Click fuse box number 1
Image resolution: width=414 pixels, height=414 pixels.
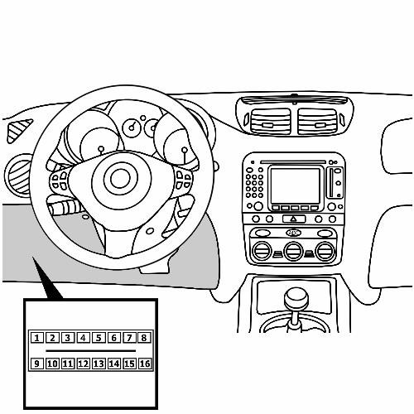tap(36, 338)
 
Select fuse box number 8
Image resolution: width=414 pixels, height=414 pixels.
tap(144, 338)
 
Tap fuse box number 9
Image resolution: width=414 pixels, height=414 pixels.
tap(36, 363)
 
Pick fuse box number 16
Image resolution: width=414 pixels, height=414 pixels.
tap(145, 363)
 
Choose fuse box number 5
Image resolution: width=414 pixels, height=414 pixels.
tap(99, 338)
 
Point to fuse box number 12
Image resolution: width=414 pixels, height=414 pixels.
tap(83, 363)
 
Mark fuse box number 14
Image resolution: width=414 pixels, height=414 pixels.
tap(114, 363)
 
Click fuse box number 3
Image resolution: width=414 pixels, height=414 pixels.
tap(68, 338)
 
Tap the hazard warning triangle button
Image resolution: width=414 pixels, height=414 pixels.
tap(294, 219)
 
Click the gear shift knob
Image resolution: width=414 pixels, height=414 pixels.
tap(296, 299)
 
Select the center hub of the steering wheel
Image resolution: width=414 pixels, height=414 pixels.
tap(120, 179)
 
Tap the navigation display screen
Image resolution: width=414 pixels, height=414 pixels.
tap(295, 185)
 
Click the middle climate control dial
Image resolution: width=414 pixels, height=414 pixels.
tap(294, 251)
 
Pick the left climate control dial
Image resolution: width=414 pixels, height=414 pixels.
tap(262, 251)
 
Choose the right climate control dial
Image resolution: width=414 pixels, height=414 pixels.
tap(325, 251)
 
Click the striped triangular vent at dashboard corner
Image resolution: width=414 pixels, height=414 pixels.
tap(18, 130)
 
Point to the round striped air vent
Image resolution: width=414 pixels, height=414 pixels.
tap(19, 176)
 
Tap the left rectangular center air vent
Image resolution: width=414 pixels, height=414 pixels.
tap(270, 122)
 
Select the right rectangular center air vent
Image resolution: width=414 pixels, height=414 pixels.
tap(318, 122)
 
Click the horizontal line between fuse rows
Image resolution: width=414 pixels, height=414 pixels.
tap(91, 351)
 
